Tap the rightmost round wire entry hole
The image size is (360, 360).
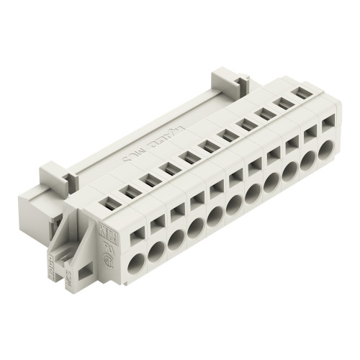tap(327, 150)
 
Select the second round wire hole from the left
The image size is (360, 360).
tap(156, 251)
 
